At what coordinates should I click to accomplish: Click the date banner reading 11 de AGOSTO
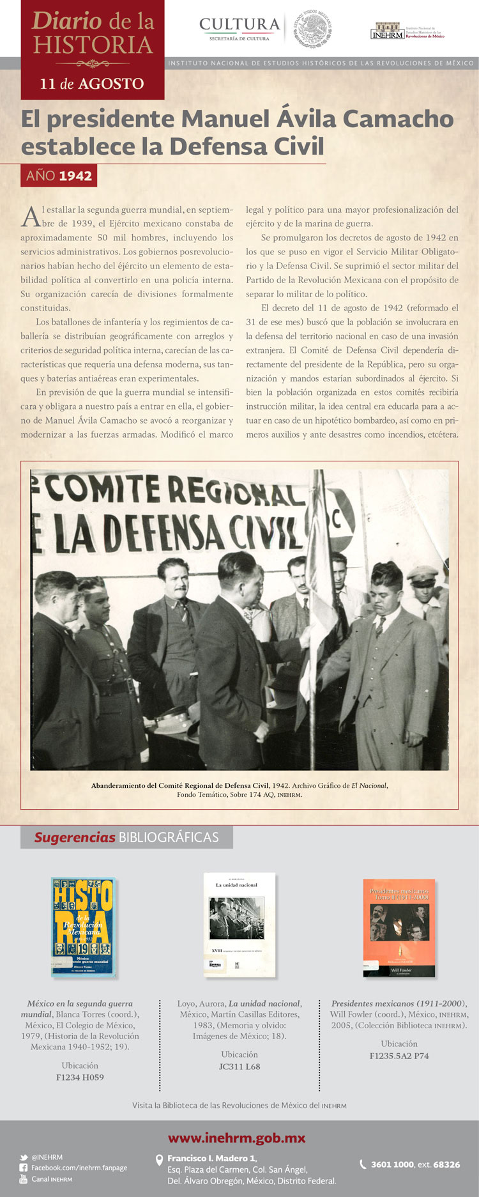pos(92,84)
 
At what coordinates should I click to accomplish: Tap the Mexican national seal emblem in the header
pos(312,28)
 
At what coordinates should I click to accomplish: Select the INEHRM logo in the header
pos(387,31)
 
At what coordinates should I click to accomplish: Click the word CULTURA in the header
pos(240,24)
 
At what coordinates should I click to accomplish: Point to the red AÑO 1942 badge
pos(59,176)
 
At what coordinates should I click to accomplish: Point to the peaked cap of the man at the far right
pos(422,575)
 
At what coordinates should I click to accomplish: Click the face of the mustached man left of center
pos(174,580)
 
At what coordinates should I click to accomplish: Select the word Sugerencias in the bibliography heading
pos(75,837)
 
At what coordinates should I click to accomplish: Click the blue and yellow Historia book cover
pos(83,927)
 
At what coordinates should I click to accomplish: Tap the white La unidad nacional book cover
pos(240,925)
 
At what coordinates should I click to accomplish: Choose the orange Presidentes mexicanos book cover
pos(399,927)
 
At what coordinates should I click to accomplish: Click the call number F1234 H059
pos(80,1077)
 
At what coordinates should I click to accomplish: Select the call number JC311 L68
pos(240,1067)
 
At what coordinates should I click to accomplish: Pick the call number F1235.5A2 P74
pos(399,1056)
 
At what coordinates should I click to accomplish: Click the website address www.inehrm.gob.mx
pos(236,1138)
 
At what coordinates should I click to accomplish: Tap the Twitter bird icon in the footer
pos(24,1157)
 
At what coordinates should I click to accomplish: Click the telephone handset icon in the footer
pos(363,1164)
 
